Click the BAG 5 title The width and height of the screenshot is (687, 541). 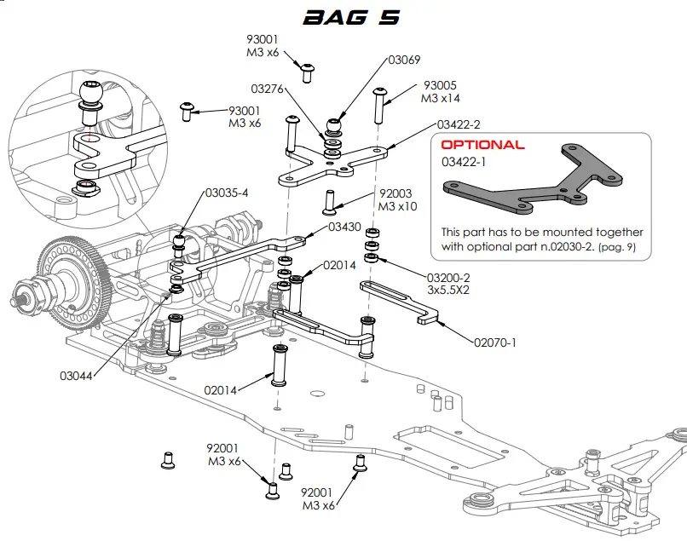pos(351,17)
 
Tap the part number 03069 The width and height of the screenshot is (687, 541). pos(405,60)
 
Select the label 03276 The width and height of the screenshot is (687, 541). pos(267,89)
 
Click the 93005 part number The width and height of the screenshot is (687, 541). pos(440,86)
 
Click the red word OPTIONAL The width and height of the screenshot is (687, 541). pos(482,145)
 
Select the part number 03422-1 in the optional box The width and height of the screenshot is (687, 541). pos(464,161)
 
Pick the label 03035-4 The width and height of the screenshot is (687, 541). pos(226,193)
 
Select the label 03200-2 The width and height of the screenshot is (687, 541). pos(448,277)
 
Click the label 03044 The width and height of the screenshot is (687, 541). pos(76,374)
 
